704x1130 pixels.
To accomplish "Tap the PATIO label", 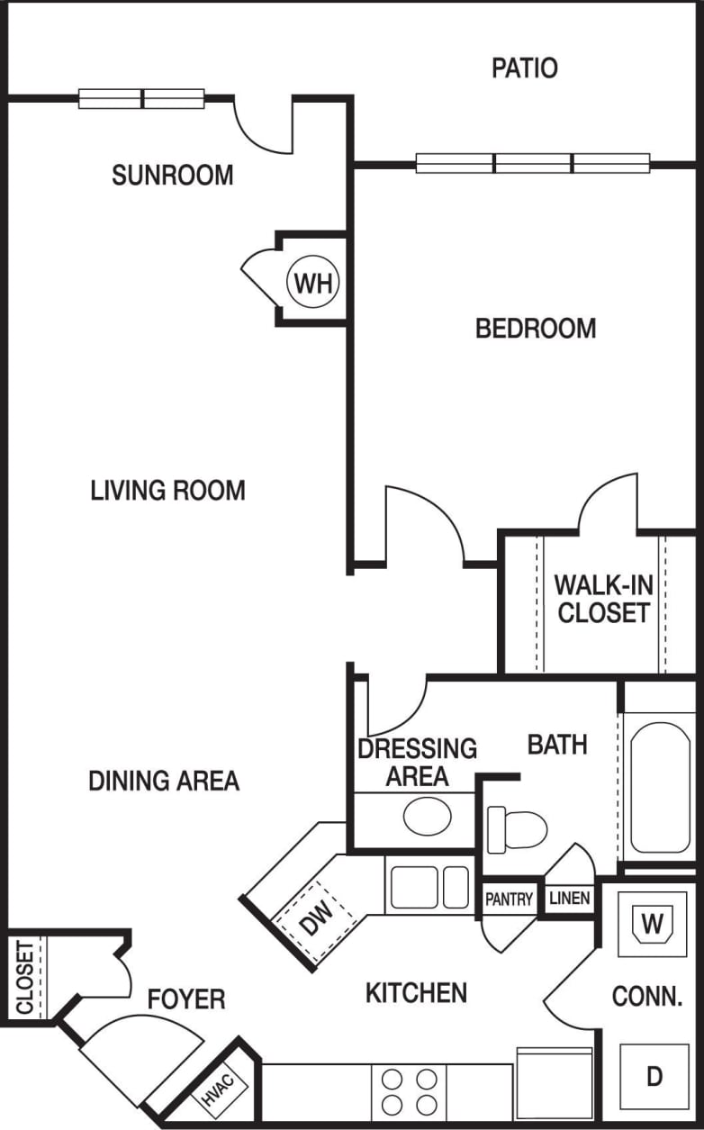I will [x=524, y=68].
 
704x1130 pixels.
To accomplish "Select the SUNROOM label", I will [x=173, y=175].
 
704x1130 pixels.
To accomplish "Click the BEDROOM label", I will [x=536, y=329].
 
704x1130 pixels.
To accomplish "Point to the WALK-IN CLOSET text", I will [x=603, y=598].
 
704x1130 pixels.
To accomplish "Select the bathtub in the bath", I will [x=660, y=789].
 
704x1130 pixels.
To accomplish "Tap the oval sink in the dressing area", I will [x=427, y=816].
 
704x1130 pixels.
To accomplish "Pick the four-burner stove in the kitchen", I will [x=409, y=1090].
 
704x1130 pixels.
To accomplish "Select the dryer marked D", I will [x=654, y=1076].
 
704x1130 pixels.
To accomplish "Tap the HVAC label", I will [x=217, y=1091].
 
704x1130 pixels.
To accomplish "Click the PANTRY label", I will [x=510, y=899].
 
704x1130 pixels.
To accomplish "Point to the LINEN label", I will [x=569, y=899].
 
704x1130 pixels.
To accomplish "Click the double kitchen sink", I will [x=429, y=887].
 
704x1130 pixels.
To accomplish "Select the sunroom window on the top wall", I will [x=141, y=99].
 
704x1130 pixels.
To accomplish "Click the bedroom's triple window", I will [x=532, y=164].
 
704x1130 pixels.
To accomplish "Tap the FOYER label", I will [x=186, y=999].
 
